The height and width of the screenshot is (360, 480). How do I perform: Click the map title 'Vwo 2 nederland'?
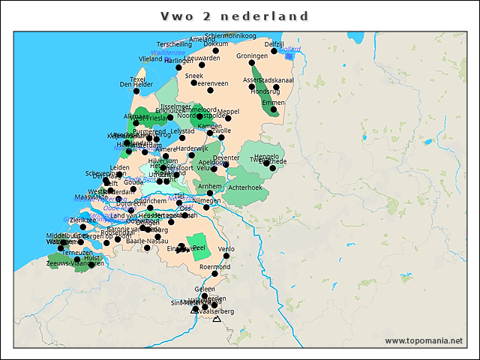(235, 16)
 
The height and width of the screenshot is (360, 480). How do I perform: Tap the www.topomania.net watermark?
(423, 340)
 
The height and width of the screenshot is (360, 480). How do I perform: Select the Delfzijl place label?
(274, 44)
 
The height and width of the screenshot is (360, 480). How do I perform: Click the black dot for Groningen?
(252, 63)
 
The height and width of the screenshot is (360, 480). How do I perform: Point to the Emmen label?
(273, 102)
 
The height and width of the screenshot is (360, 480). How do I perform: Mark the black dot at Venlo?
(226, 256)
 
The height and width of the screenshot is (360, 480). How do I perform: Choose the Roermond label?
(214, 266)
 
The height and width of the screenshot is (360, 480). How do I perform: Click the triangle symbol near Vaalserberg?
(217, 319)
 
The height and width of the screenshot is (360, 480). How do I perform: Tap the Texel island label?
(137, 79)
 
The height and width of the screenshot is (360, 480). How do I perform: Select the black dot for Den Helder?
(136, 92)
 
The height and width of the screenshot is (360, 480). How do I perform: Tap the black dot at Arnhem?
(210, 193)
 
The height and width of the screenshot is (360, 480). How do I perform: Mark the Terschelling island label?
(174, 44)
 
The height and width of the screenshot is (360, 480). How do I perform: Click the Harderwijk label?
(192, 148)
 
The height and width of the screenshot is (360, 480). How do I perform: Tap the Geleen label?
(204, 289)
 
